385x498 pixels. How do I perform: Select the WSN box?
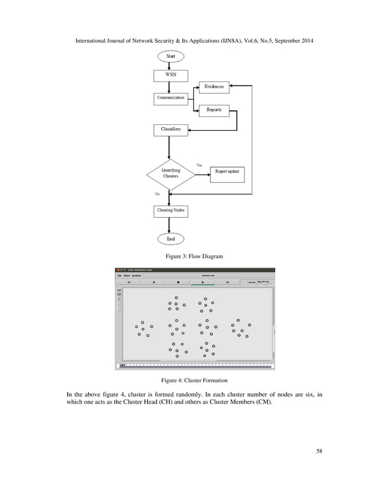(x=171, y=75)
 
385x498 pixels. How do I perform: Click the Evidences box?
(x=214, y=87)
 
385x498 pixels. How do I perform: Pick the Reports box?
(x=214, y=110)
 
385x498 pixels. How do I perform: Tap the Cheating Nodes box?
(x=171, y=210)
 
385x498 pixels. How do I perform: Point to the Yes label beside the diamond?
(x=200, y=165)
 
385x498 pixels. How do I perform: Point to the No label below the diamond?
(x=157, y=194)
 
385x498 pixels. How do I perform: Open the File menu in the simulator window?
(x=119, y=276)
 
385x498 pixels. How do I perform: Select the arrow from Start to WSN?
(x=171, y=65)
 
